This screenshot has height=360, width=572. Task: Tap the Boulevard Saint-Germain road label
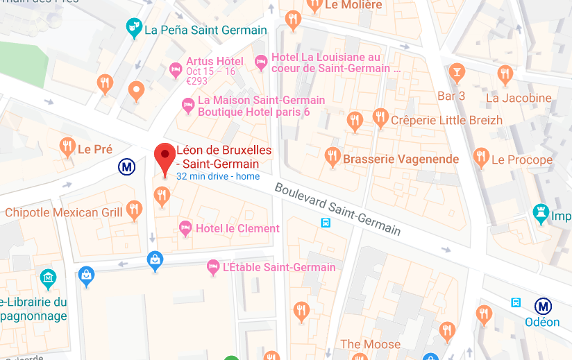coord(337,209)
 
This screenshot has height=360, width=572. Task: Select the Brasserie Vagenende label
coord(401,159)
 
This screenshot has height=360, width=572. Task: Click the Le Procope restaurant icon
coord(481,157)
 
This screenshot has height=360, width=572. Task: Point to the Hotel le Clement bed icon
coord(185,228)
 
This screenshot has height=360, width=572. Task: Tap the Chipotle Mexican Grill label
coord(62,212)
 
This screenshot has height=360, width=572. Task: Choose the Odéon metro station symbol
coord(543,306)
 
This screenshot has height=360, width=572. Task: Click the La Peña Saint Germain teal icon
coord(134,28)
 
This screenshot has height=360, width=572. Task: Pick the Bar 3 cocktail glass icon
coord(457,71)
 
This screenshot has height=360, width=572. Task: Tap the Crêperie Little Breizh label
coord(446,120)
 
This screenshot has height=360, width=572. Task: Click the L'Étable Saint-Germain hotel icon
coord(214,267)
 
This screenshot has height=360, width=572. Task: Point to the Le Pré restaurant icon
coord(67,146)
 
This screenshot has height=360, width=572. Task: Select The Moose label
coord(370,344)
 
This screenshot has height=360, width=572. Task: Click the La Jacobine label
coord(519,98)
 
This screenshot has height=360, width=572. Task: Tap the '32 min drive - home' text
coord(218,176)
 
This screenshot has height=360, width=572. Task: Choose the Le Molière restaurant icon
coord(314,5)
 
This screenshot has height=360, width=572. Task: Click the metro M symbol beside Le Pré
coord(126,166)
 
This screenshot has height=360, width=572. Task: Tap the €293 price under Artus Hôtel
coord(197,81)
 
